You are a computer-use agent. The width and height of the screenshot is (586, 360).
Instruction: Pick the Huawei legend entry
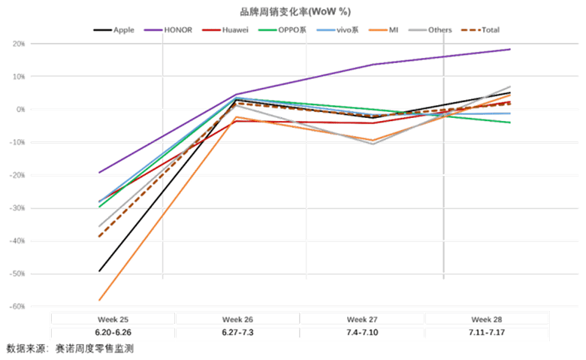(x=237, y=30)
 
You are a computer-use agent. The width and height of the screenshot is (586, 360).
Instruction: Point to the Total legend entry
(x=486, y=30)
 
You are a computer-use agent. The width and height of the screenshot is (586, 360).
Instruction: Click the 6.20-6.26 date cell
(x=113, y=331)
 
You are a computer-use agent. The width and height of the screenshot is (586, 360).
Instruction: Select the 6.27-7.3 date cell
(x=237, y=331)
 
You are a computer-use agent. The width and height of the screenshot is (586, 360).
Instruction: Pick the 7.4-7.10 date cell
(x=362, y=331)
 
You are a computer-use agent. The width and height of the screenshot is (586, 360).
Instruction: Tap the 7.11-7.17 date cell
(x=486, y=331)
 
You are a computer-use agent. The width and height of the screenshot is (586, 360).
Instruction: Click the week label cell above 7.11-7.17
(x=486, y=318)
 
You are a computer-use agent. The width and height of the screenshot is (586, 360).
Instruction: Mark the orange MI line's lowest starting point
(x=99, y=300)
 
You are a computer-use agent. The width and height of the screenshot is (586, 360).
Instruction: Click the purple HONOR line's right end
(x=511, y=50)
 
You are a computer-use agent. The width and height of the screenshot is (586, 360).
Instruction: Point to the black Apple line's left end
(x=99, y=271)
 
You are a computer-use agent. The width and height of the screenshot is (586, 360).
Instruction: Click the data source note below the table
(x=71, y=349)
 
